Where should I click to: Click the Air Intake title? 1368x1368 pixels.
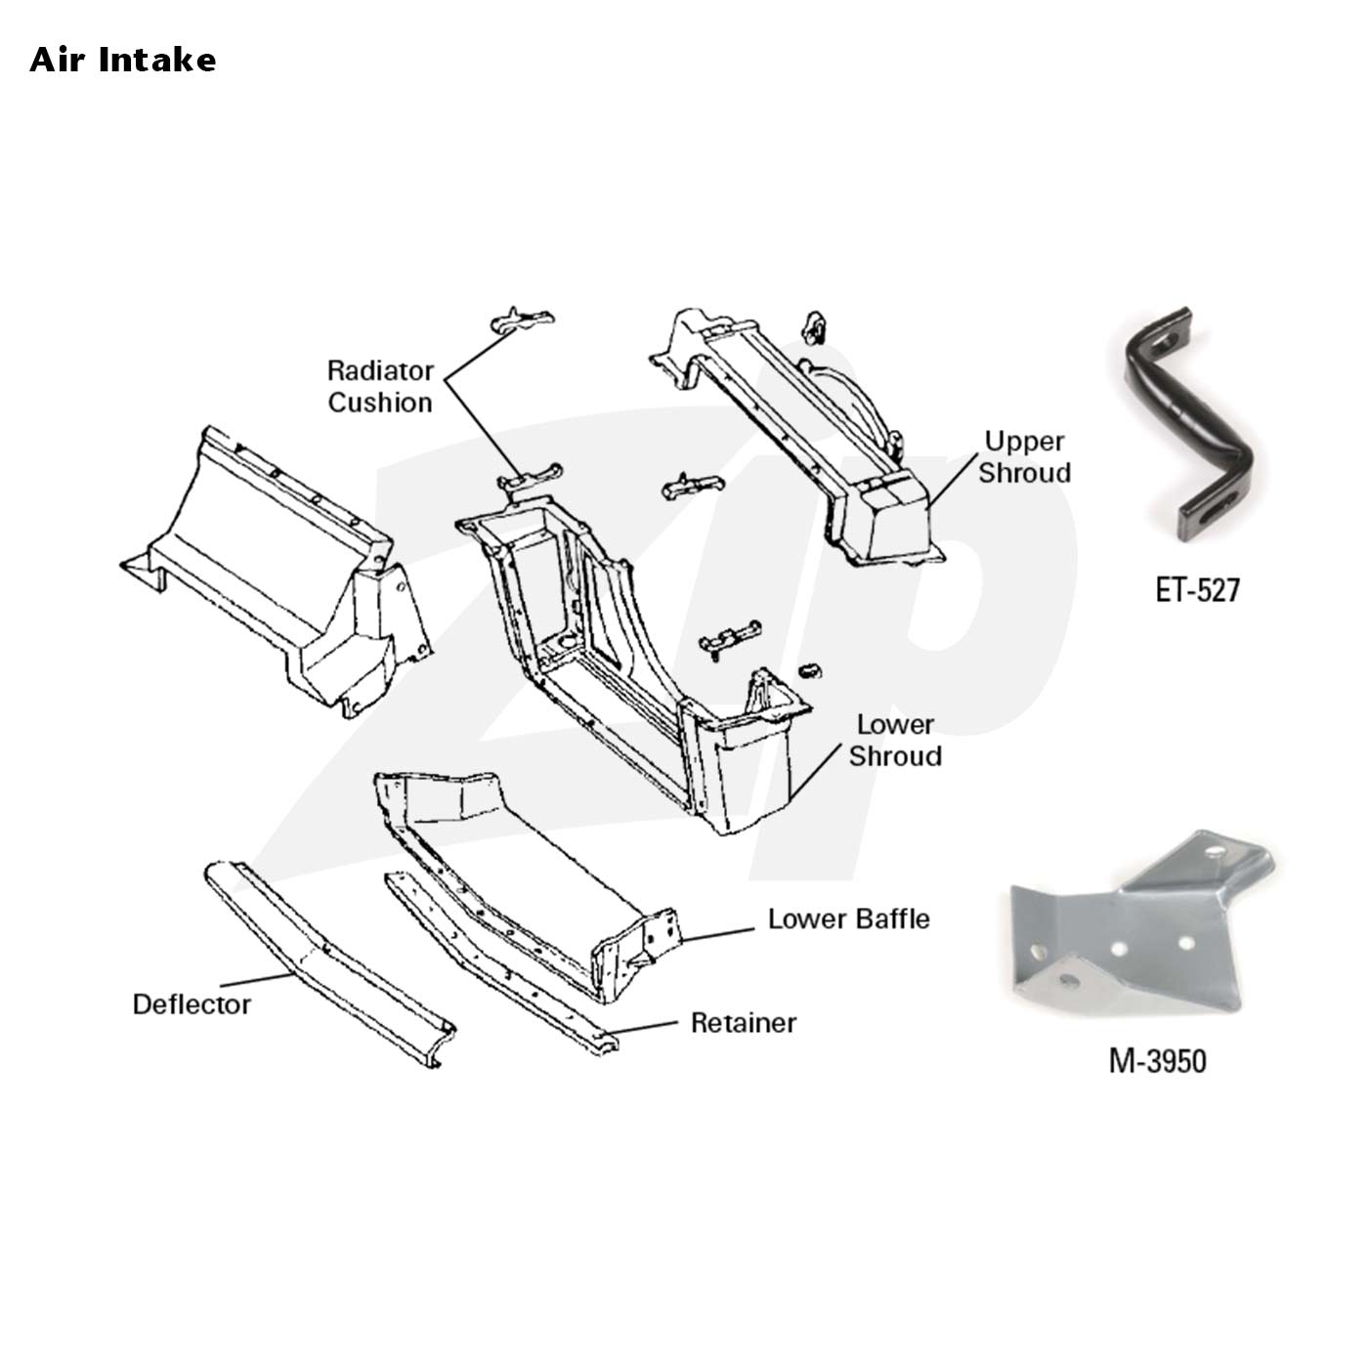point(123,60)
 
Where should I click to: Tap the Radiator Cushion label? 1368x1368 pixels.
point(380,386)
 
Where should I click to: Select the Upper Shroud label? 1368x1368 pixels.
point(1024,456)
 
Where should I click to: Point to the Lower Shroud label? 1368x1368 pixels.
point(895,741)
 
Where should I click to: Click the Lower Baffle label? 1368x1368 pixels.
point(848,919)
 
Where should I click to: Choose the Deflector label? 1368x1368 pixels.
point(192,1004)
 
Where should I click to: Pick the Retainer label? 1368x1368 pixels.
point(744,1022)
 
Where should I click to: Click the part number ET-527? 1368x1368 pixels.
point(1198,590)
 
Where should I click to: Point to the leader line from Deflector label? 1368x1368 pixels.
point(257,979)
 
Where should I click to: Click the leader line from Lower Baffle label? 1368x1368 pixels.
point(716,934)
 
